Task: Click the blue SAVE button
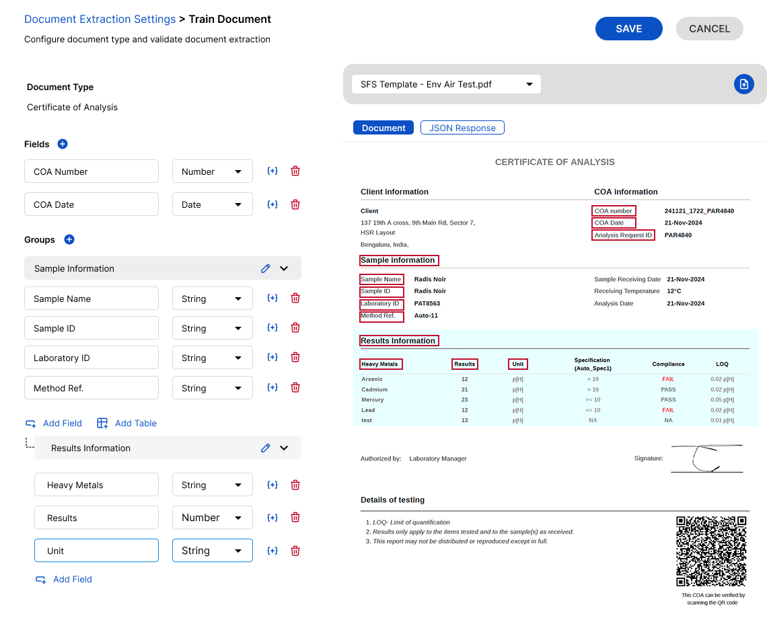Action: (628, 29)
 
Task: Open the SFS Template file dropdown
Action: (446, 84)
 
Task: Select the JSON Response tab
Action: (462, 128)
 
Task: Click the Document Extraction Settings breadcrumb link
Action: (100, 20)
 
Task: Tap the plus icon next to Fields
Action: (63, 144)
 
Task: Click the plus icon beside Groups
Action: (69, 239)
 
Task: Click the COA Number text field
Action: (92, 171)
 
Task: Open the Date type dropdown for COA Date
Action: (212, 204)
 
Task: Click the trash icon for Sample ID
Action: (295, 328)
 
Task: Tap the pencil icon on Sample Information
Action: (265, 268)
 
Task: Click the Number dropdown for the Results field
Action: (212, 518)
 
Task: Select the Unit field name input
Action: (96, 551)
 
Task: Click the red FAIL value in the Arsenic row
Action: (667, 379)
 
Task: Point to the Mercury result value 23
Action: (464, 399)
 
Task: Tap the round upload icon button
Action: (743, 84)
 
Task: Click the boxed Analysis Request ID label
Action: (623, 235)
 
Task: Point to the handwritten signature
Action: (706, 459)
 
